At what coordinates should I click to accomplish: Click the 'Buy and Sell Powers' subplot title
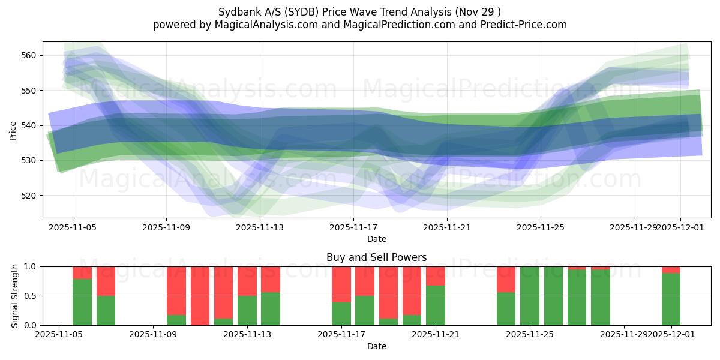click(376, 257)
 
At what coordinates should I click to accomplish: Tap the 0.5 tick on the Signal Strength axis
click(29, 296)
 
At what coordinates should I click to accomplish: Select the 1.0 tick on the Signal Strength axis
click(29, 267)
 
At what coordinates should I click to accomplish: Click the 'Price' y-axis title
click(13, 130)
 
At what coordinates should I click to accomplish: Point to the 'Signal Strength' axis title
click(15, 296)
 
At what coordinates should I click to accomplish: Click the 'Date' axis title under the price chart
click(376, 239)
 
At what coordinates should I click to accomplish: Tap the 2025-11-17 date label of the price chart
click(353, 227)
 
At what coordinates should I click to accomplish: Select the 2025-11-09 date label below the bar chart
click(154, 334)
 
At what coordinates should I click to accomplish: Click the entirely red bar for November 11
click(200, 296)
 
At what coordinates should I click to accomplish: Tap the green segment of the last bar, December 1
click(671, 299)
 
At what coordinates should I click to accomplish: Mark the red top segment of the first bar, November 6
click(82, 273)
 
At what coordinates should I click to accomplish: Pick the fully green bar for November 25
click(530, 296)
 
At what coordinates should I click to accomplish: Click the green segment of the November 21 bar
click(436, 305)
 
